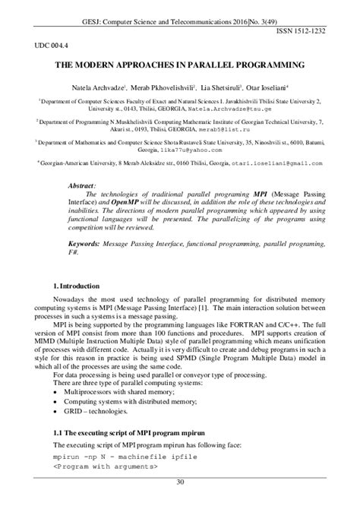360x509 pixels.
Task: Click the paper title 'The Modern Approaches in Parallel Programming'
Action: (179, 66)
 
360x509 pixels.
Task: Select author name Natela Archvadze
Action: (99, 88)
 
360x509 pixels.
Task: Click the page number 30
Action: (180, 482)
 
